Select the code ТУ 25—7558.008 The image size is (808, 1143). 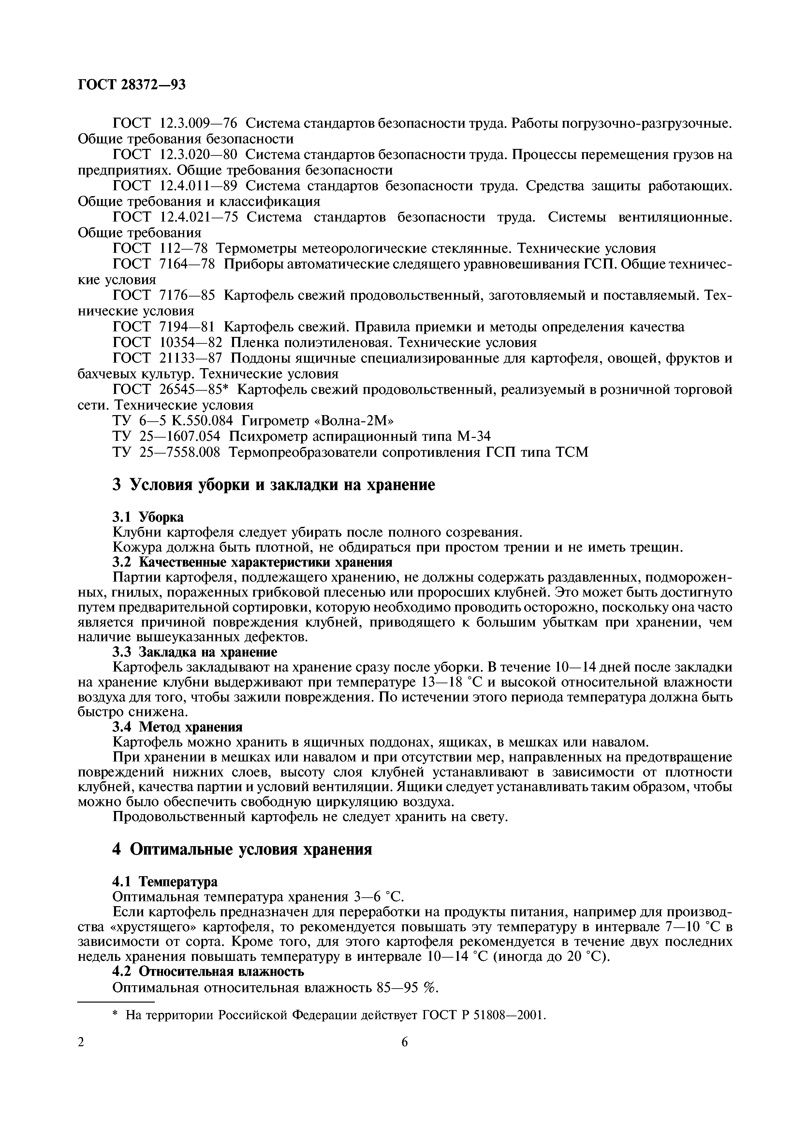point(167,452)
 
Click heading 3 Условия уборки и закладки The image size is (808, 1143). point(274,485)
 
